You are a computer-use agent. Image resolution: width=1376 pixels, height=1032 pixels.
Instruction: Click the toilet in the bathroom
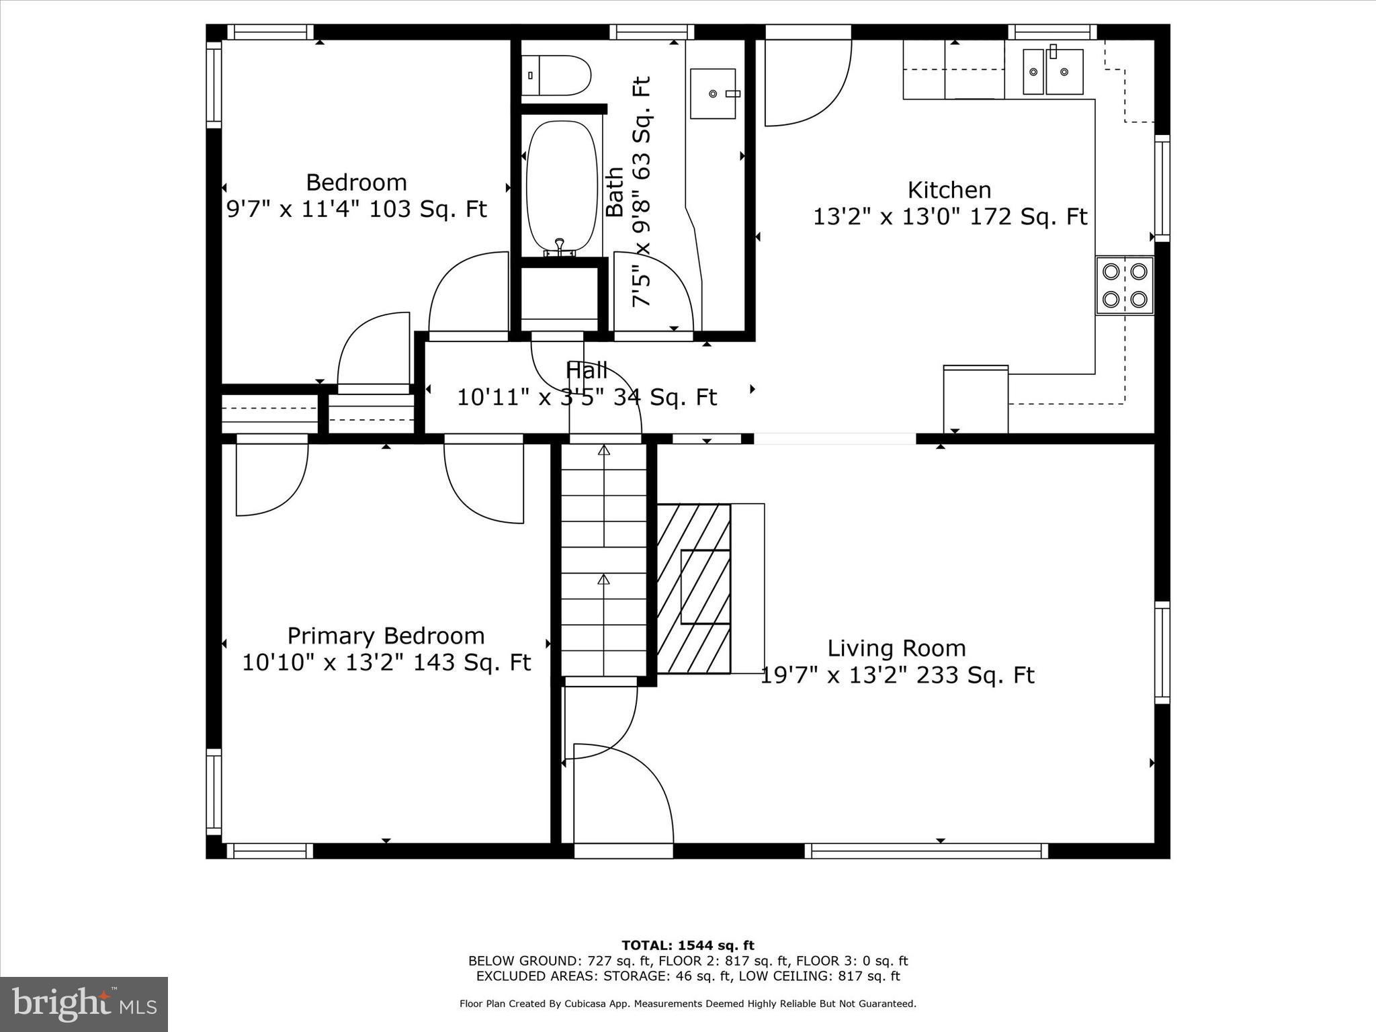coord(556,75)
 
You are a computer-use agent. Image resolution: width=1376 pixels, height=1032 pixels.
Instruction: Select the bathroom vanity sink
coord(713,93)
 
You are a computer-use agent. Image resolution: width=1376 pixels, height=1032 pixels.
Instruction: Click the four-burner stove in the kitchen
coord(1125,286)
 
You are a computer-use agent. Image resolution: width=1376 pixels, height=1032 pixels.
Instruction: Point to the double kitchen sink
coord(1053,71)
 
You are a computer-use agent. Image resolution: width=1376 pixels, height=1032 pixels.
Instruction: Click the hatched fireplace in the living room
coord(693,589)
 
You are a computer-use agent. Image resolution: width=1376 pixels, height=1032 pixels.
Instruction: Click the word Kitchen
coord(949,190)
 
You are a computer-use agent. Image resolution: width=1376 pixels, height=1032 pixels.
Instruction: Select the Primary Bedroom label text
coord(386,636)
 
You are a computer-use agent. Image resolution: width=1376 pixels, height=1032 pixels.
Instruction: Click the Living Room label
coord(896,648)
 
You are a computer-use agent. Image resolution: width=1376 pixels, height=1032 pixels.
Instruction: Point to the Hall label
coord(587,370)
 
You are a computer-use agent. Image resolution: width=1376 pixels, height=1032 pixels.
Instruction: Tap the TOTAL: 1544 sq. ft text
coord(687,945)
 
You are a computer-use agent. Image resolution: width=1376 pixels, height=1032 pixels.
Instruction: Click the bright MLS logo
coord(84,1004)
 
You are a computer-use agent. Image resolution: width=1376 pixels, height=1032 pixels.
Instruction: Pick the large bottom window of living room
coord(926,851)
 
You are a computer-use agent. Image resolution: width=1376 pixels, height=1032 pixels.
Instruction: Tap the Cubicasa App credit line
coord(687,1004)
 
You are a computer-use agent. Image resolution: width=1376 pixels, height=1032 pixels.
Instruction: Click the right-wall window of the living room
coord(1162,652)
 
